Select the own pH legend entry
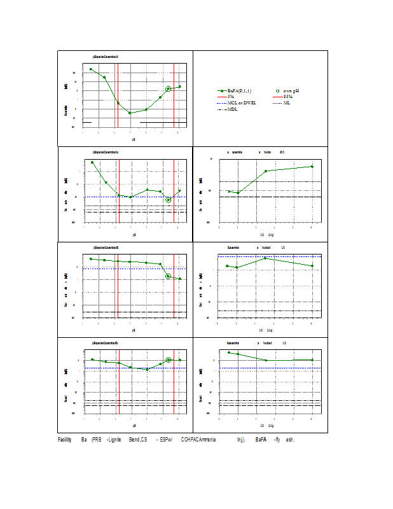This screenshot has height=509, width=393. click(x=291, y=91)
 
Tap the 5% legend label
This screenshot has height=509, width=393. click(x=231, y=97)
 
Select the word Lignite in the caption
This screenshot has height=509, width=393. click(x=116, y=440)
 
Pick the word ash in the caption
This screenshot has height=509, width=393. click(x=290, y=440)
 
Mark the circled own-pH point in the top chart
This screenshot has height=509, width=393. click(x=169, y=89)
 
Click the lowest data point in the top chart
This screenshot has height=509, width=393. click(x=130, y=113)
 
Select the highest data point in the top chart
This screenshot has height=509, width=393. click(x=91, y=69)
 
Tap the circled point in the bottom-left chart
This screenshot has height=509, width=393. click(x=169, y=360)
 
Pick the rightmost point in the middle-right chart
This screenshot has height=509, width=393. click(x=312, y=167)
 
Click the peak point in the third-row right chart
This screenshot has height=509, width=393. click(x=265, y=258)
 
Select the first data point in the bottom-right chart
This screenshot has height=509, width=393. click(x=229, y=352)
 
